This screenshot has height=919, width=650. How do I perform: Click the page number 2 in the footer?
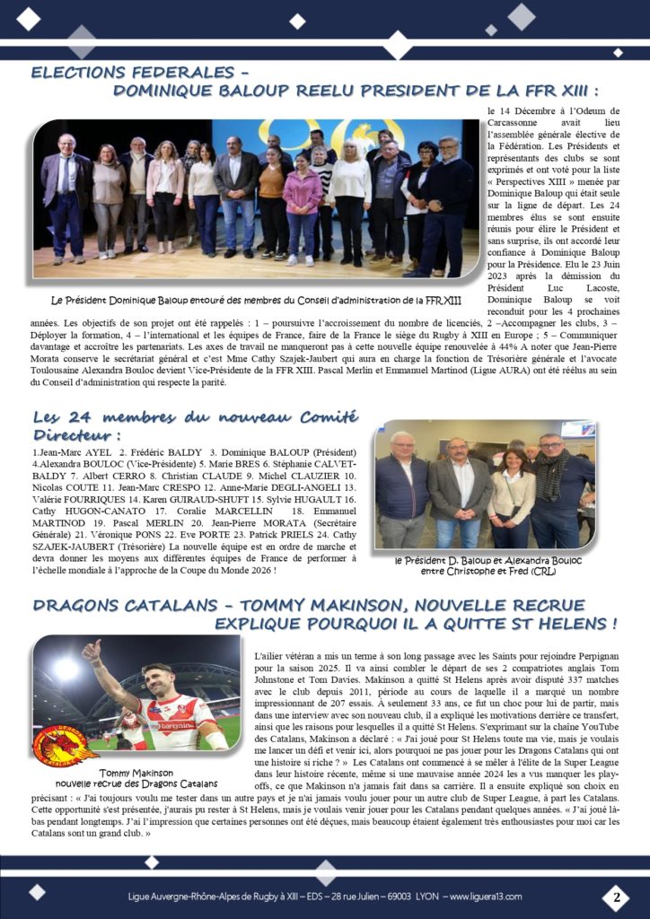coord(617,896)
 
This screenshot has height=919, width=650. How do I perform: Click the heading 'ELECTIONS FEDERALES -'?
coord(139,73)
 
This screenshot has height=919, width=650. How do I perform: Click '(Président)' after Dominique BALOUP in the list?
coord(321,451)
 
